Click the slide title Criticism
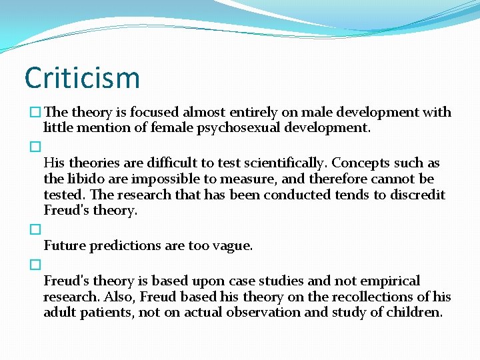pyautogui.click(x=82, y=77)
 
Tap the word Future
pyautogui.click(x=65, y=245)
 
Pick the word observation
pyautogui.click(x=263, y=312)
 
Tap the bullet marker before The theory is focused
pyautogui.click(x=35, y=113)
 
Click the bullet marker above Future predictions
pyautogui.click(x=35, y=229)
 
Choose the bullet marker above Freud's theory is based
pyautogui.click(x=35, y=265)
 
